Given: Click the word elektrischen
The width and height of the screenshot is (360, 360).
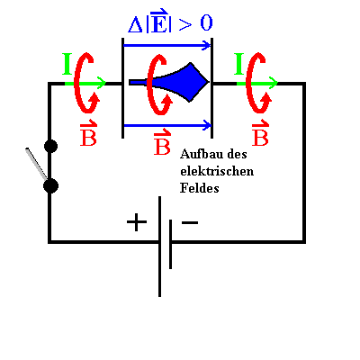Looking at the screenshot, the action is (x=217, y=171).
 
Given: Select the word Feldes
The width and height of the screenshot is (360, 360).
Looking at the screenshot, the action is (x=200, y=188).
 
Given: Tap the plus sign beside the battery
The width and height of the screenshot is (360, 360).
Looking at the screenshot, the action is (x=137, y=222).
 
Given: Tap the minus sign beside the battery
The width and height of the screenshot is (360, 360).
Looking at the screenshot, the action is (x=190, y=222).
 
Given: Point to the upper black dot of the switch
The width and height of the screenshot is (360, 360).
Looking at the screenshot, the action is (x=50, y=146).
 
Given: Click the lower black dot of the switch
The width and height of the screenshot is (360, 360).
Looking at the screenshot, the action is (x=50, y=186).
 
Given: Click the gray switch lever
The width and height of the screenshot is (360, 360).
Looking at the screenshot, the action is (x=36, y=164).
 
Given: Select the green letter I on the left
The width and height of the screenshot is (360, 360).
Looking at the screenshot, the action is (x=67, y=64).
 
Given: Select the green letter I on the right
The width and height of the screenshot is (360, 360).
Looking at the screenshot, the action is (x=239, y=64).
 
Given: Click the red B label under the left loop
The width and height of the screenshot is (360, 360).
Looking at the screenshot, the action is (x=88, y=134).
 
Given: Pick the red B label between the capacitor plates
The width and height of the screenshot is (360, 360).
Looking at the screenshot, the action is (x=162, y=142).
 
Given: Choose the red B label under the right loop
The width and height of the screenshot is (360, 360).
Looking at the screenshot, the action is (x=260, y=134).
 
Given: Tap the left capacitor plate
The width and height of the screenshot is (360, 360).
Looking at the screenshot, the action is (x=122, y=88).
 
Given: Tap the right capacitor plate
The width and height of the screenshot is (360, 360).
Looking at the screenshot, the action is (x=212, y=88).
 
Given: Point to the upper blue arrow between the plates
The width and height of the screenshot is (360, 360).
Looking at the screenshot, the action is (x=167, y=46).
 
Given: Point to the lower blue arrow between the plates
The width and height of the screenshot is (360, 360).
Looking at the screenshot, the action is (x=167, y=125).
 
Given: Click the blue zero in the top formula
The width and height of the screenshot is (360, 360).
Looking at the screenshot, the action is (x=206, y=23).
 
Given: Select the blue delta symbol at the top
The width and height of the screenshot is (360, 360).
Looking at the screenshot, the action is (x=136, y=25).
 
